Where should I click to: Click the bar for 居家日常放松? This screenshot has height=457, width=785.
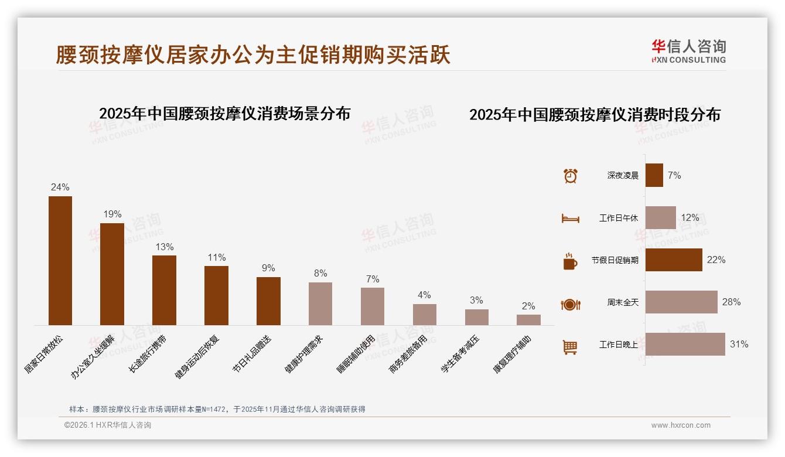pyautogui.click(x=60, y=261)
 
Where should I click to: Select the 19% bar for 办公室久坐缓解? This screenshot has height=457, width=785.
pyautogui.click(x=112, y=274)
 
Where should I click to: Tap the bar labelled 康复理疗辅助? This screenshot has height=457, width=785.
pyautogui.click(x=528, y=320)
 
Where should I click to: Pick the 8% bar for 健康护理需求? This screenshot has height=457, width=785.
pyautogui.click(x=320, y=303)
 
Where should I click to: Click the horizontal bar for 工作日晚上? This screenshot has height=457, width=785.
pyautogui.click(x=685, y=345)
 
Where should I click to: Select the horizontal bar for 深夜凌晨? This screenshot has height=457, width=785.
pyautogui.click(x=654, y=175)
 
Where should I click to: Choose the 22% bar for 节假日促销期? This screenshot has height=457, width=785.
pyautogui.click(x=674, y=260)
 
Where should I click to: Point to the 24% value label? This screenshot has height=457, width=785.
pyautogui.click(x=60, y=187)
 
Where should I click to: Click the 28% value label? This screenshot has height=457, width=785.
pyautogui.click(x=731, y=302)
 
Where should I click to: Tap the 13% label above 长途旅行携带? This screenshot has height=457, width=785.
pyautogui.click(x=164, y=247)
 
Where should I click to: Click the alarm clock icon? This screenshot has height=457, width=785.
pyautogui.click(x=571, y=176)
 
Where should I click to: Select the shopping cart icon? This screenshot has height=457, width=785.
pyautogui.click(x=570, y=347)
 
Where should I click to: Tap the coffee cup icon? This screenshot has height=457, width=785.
pyautogui.click(x=570, y=261)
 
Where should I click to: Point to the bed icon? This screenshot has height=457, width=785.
pyautogui.click(x=570, y=219)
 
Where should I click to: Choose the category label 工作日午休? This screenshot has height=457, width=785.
pyautogui.click(x=619, y=218)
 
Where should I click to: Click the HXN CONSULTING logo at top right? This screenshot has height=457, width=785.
pyautogui.click(x=688, y=52)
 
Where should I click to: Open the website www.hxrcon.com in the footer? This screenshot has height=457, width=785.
pyautogui.click(x=681, y=425)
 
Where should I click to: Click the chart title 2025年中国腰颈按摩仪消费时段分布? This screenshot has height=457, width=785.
pyautogui.click(x=595, y=115)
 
